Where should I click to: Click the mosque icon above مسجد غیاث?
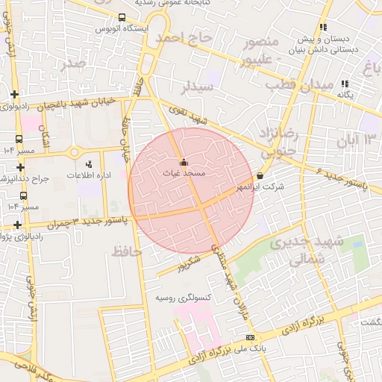click(184, 162)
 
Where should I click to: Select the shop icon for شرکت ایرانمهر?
click(260, 176)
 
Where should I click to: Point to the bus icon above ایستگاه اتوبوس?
click(122, 17)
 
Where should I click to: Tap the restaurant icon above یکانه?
click(344, 84)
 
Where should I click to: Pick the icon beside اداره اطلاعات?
click(90, 164)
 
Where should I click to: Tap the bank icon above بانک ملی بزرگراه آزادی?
click(249, 338)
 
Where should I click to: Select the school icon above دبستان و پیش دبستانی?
click(322, 27)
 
